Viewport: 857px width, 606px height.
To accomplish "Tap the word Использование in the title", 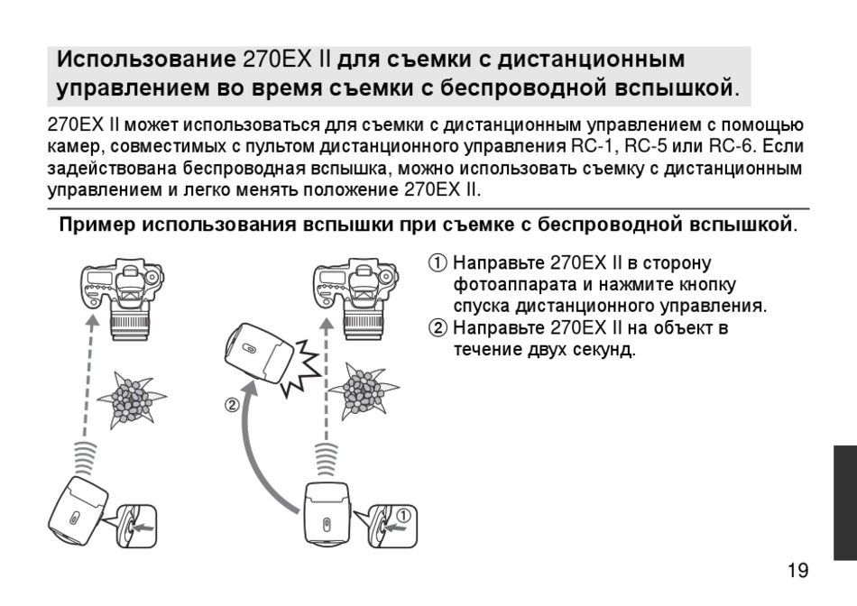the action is click(145, 60).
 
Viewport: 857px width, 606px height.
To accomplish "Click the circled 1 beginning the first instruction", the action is click(438, 264).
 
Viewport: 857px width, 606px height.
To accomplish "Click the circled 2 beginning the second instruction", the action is click(438, 327).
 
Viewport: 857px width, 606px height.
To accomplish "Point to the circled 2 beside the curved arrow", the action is click(232, 406).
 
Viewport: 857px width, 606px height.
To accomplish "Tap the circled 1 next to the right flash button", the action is click(403, 515).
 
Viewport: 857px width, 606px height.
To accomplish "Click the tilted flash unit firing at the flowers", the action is click(257, 354).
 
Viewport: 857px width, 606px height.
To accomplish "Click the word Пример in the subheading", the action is click(97, 223).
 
